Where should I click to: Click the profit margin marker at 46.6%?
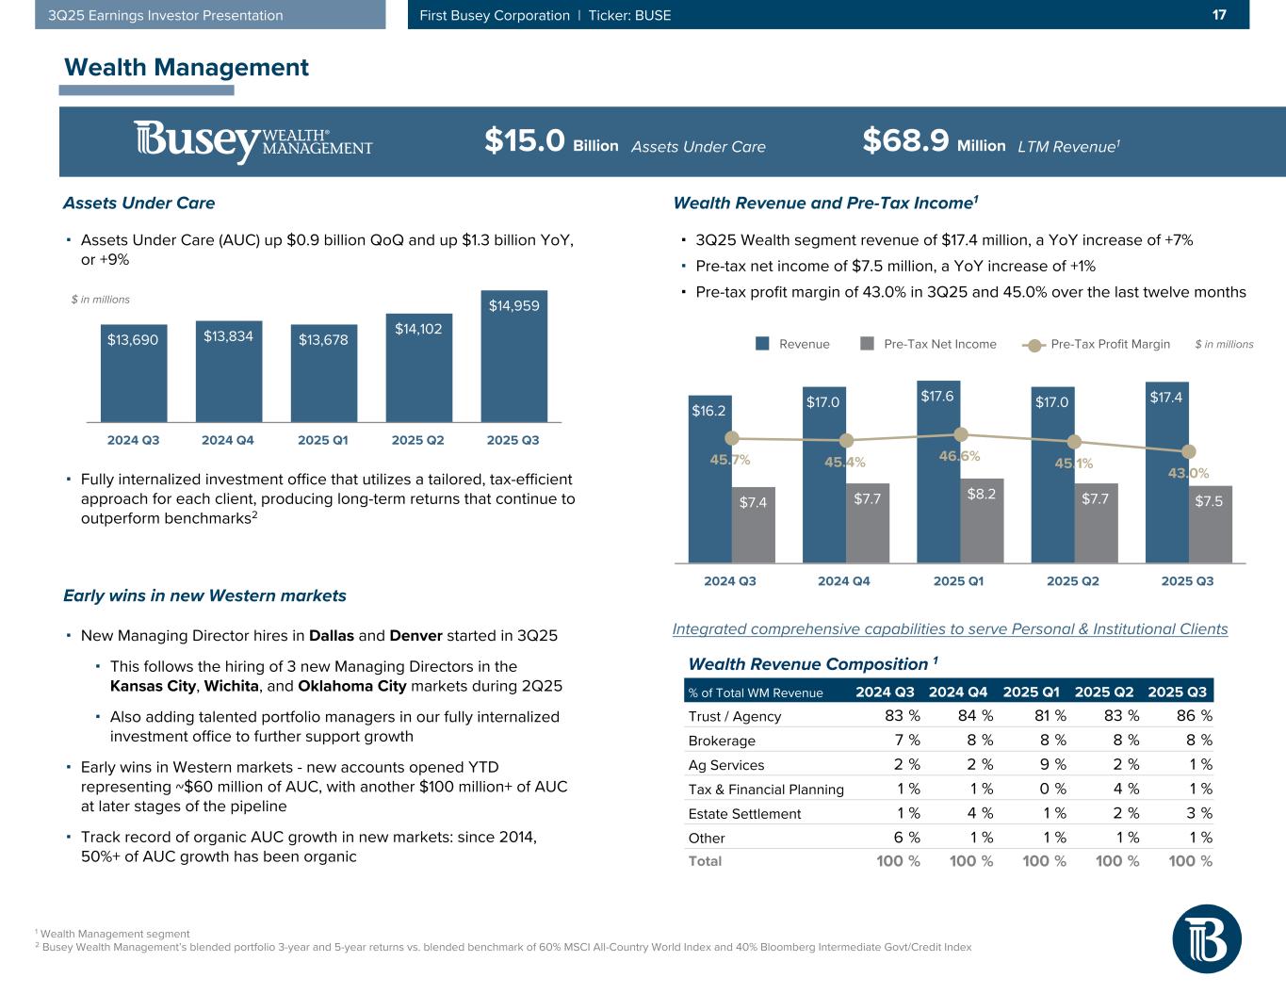[x=961, y=434]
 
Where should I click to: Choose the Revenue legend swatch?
[x=763, y=344]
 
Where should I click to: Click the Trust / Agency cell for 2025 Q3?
[x=1193, y=716]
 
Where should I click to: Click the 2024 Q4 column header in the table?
[x=960, y=693]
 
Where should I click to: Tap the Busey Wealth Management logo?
[x=252, y=142]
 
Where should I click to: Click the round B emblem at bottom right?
[x=1206, y=938]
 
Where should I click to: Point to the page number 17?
[x=1218, y=15]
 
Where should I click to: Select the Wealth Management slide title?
[x=186, y=68]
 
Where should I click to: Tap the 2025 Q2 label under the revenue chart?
[x=1073, y=581]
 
